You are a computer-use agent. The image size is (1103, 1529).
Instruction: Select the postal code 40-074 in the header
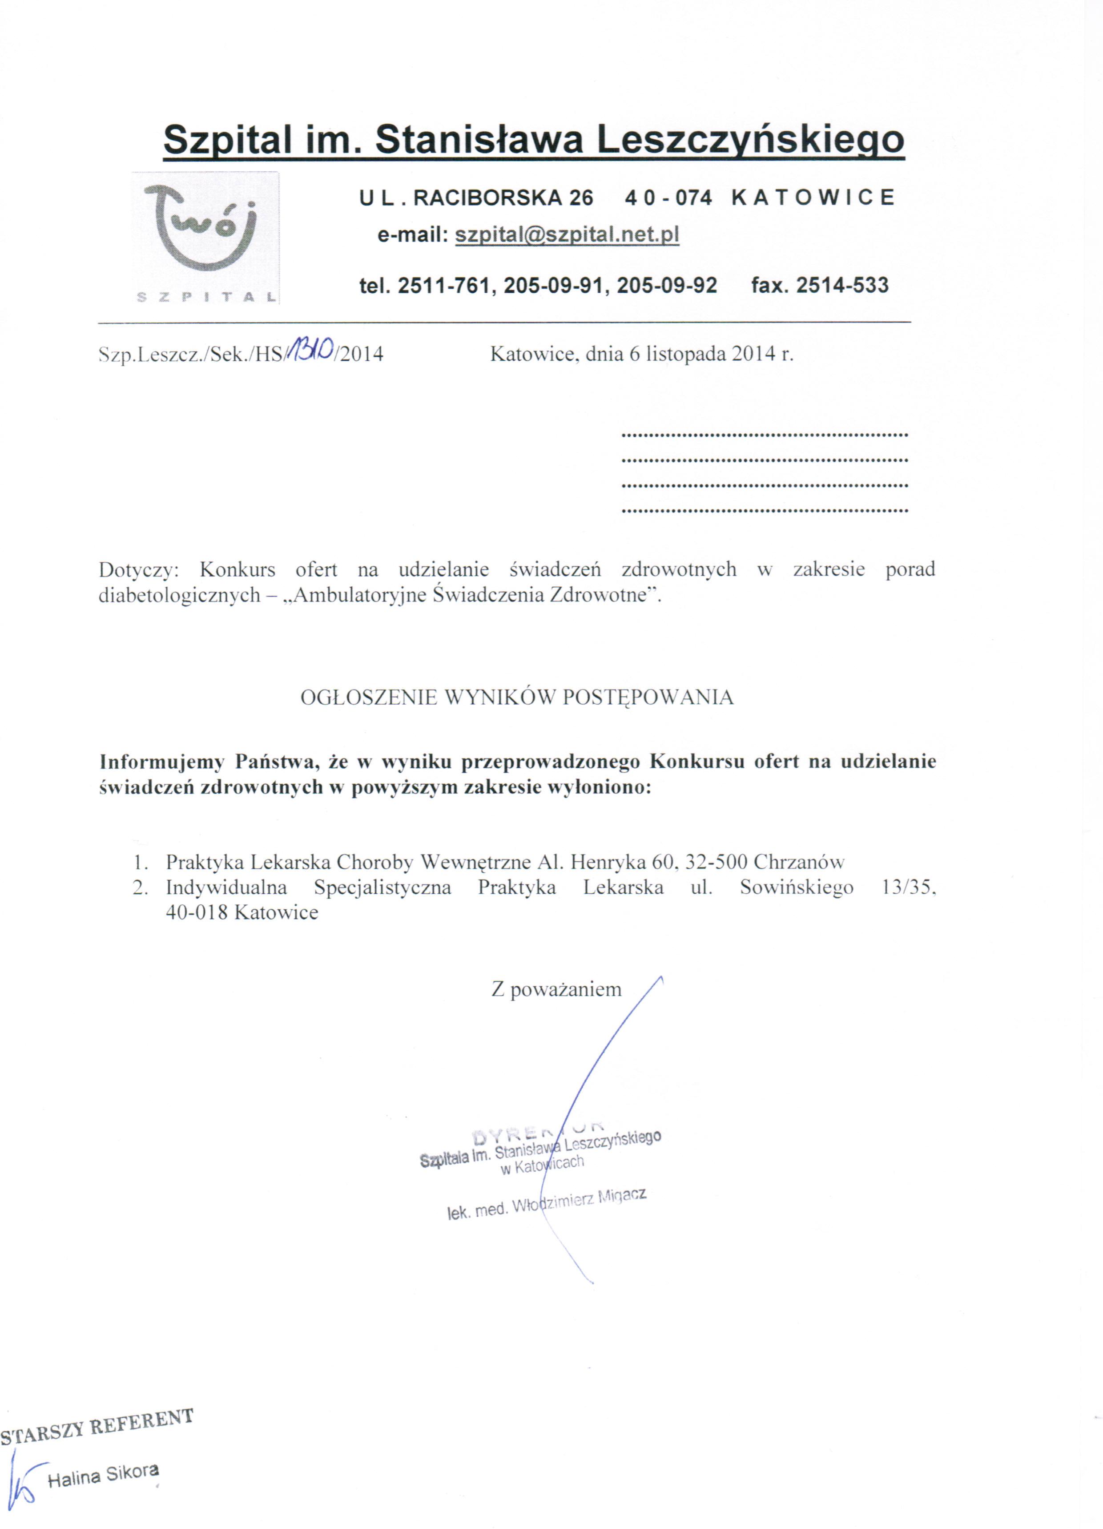pos(668,198)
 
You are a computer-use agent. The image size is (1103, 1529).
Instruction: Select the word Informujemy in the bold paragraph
pos(162,762)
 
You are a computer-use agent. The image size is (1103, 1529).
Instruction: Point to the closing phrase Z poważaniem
pos(556,990)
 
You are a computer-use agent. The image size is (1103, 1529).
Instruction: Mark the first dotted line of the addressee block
pos(764,435)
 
